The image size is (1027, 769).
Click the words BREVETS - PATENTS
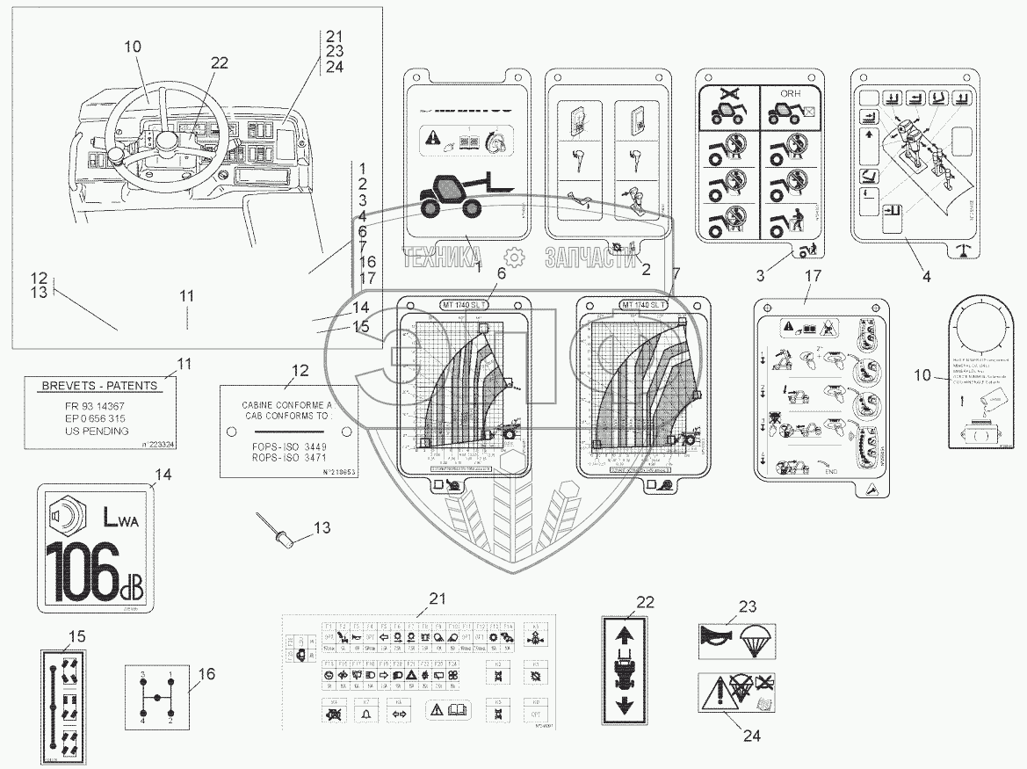click(x=100, y=386)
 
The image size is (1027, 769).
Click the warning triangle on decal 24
click(x=717, y=697)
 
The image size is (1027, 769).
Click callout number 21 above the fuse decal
click(x=437, y=599)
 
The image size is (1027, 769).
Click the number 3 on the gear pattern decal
click(x=141, y=673)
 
